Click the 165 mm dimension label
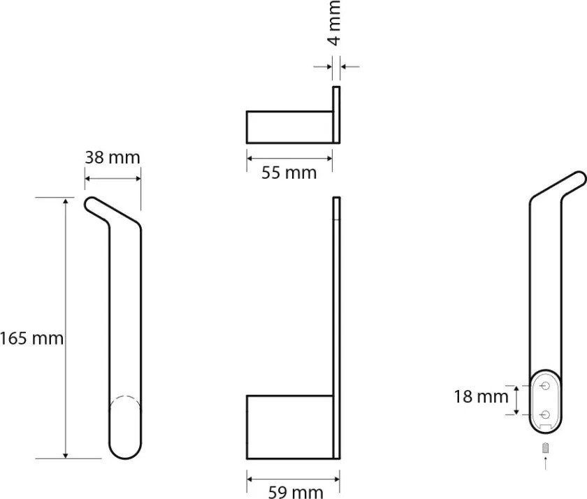pos(32,339)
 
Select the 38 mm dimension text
pos(113,158)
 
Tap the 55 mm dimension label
pos(289,173)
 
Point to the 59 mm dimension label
pos(296,492)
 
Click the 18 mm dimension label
pos(481,397)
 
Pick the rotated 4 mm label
pos(335,23)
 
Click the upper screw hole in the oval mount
pos(546,385)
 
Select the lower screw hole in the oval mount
pos(546,414)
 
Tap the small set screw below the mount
pos(546,447)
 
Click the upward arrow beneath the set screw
pos(546,463)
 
